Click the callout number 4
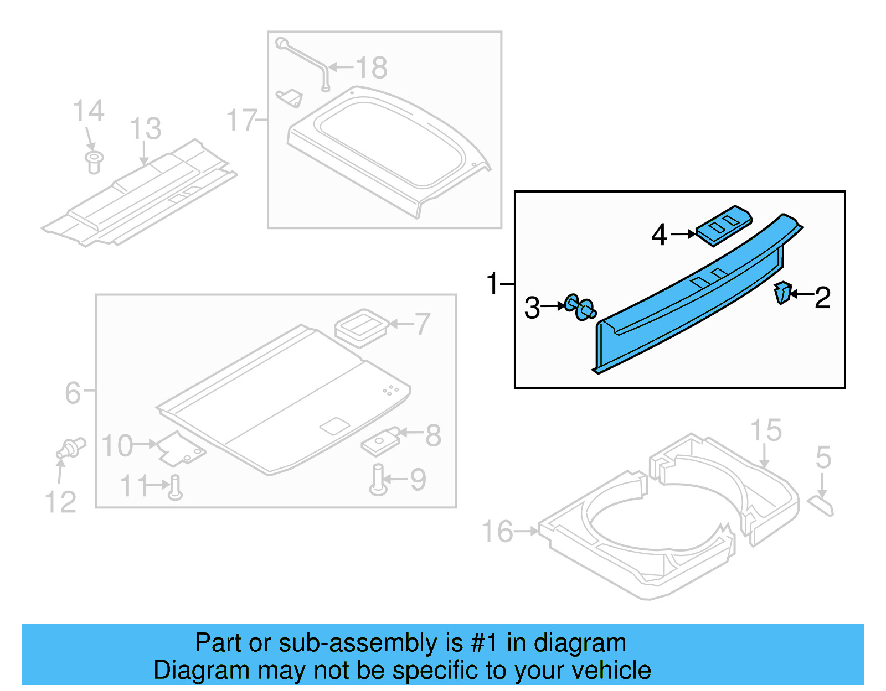659,235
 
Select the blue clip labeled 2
782,292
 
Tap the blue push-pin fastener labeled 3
580,308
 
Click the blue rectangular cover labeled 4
724,225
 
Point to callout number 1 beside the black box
492,283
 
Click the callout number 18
372,68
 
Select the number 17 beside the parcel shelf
241,120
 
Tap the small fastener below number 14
94,162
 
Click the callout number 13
145,129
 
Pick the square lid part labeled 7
361,328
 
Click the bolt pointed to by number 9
378,480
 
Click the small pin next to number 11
176,486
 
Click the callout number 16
497,532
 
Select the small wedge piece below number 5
821,506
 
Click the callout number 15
766,430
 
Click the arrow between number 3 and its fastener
553,306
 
